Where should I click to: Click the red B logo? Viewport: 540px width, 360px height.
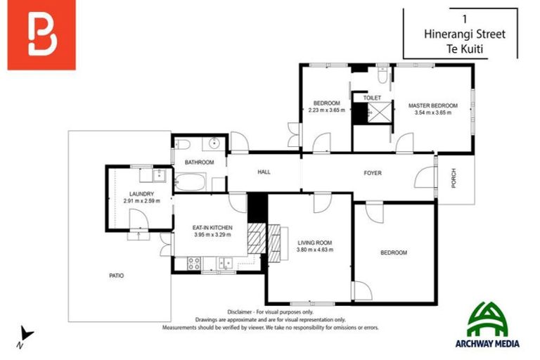[41, 38]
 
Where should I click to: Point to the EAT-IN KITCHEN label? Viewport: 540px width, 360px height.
[212, 228]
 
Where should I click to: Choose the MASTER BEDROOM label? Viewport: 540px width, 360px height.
[432, 105]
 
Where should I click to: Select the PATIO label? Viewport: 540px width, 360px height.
[116, 276]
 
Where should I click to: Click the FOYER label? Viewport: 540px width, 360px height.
[372, 173]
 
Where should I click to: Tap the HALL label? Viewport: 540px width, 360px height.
[264, 172]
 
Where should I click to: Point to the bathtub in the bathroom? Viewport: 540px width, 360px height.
[188, 183]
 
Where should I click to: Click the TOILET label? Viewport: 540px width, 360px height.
[372, 98]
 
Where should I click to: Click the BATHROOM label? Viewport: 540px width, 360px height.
[199, 162]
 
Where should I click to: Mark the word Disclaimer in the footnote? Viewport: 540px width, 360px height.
[241, 311]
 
